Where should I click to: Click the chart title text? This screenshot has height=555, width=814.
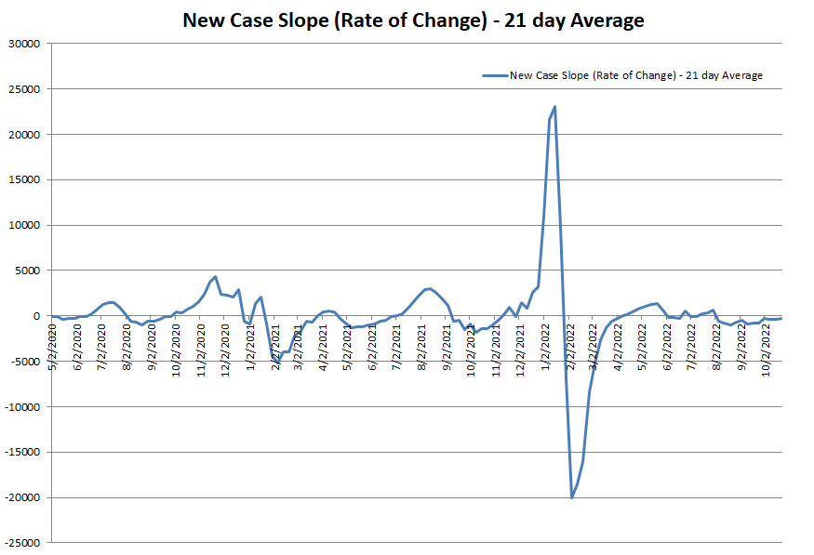click(413, 20)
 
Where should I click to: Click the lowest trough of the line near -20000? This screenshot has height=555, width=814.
click(571, 497)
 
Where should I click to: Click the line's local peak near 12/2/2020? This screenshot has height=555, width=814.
click(216, 276)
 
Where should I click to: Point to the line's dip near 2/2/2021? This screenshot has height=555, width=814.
click(278, 362)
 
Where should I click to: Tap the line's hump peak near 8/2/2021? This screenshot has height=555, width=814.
click(429, 288)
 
